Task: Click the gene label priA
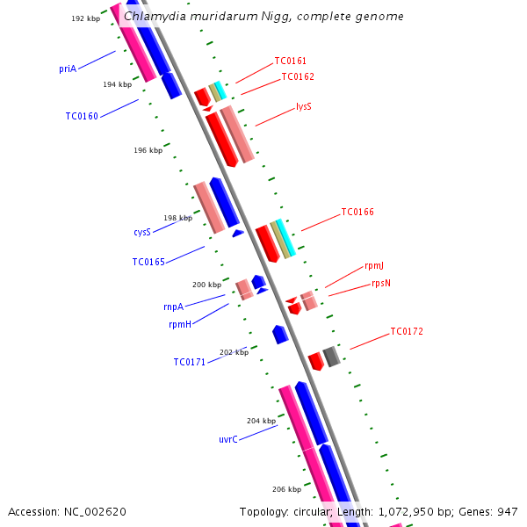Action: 68,69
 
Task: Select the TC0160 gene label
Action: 82,116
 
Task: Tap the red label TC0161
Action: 290,61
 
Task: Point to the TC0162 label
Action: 298,77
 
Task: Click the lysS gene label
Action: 303,107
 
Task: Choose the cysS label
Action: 142,233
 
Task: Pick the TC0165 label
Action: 148,262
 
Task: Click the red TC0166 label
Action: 357,213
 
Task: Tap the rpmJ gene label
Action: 373,266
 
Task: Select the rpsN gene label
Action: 381,283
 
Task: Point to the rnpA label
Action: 173,307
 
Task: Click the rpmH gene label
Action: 180,324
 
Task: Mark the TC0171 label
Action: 189,362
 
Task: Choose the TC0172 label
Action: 407,332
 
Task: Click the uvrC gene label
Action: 228,439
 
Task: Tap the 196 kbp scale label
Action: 148,151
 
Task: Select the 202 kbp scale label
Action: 234,352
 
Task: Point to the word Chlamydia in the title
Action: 154,17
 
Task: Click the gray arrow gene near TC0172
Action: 331,356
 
